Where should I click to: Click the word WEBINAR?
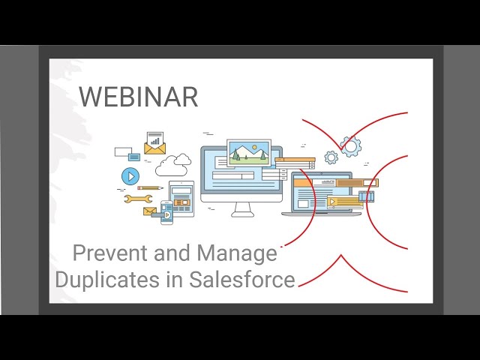[x=138, y=97]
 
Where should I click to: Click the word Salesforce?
[x=241, y=280]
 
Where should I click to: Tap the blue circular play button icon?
[x=130, y=176]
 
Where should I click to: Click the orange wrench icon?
[x=138, y=199]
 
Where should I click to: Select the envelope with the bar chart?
[x=154, y=143]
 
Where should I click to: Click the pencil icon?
[x=150, y=187]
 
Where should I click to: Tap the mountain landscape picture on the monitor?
[x=248, y=153]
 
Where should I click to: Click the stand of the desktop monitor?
[x=241, y=209]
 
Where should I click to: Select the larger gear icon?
[x=349, y=145]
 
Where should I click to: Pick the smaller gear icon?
[x=331, y=157]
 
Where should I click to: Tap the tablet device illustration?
[x=181, y=198]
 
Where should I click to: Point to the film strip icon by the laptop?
[x=365, y=196]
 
